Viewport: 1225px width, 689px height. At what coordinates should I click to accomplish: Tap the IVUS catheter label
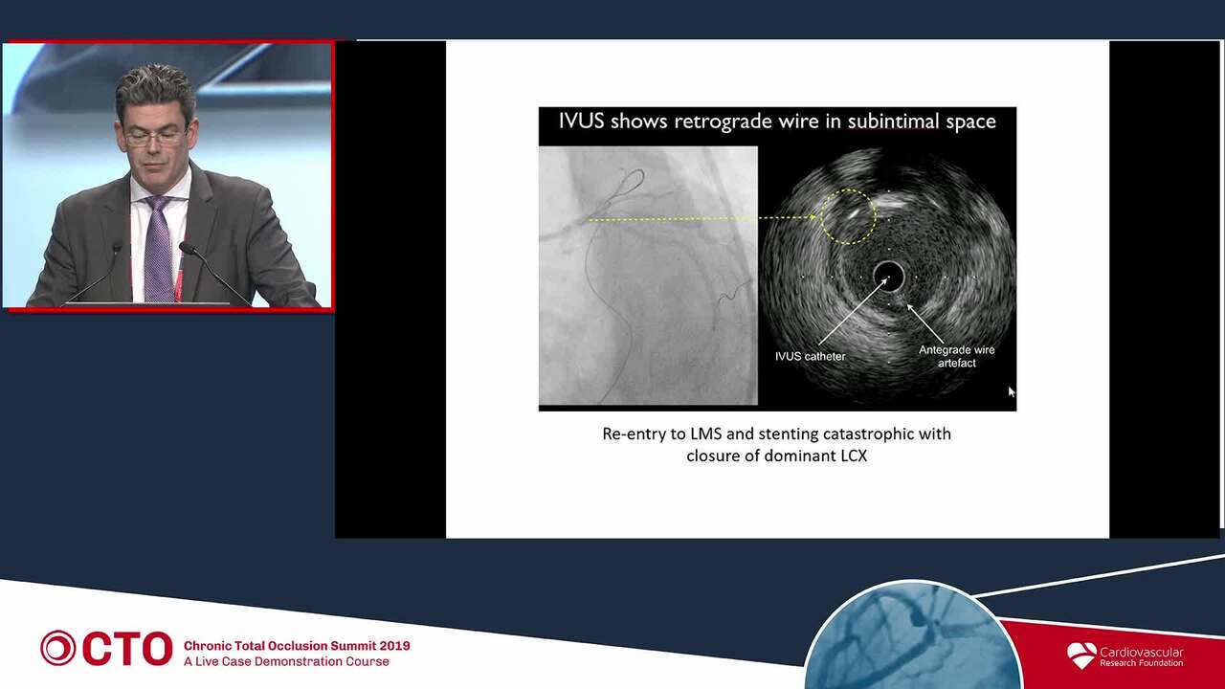click(810, 357)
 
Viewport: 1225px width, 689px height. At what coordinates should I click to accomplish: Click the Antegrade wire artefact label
click(956, 356)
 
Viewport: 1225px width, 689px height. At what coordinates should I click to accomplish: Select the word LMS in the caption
click(705, 434)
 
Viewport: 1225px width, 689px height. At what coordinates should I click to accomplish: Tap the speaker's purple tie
click(159, 249)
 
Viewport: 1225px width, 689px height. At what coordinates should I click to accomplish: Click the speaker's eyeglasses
click(154, 138)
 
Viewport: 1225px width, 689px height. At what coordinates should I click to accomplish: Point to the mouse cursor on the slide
click(1012, 391)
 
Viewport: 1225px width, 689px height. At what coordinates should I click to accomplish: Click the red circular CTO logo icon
click(57, 648)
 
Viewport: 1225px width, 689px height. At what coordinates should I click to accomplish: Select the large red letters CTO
click(127, 649)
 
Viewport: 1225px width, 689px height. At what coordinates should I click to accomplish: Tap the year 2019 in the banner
click(395, 646)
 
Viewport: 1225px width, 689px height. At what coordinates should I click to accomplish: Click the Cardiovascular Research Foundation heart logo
click(1081, 656)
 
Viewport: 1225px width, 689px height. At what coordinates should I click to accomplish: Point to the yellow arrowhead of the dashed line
click(813, 217)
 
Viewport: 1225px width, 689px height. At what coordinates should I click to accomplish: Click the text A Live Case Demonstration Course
click(286, 661)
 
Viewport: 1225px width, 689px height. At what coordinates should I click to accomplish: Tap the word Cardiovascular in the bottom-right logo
click(1142, 653)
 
